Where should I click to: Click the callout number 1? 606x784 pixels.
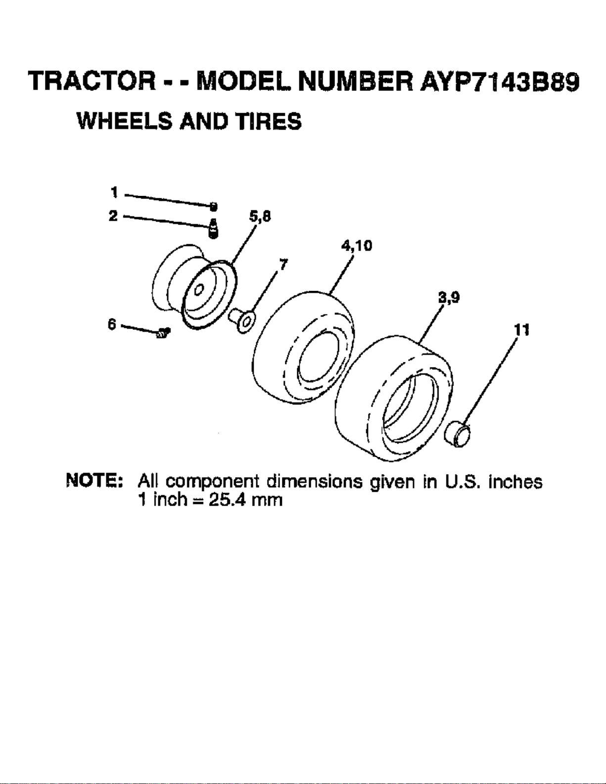click(114, 192)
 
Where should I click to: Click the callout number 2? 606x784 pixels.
click(113, 216)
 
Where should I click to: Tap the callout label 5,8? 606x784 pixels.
click(260, 217)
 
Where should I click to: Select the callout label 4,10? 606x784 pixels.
click(356, 246)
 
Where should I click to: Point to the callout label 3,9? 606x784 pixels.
click(449, 298)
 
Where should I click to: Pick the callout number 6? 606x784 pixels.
click(112, 324)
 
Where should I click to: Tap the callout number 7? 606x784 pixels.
click(284, 265)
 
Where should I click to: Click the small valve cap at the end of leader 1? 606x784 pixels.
click(214, 207)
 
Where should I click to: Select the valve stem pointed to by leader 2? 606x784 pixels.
click(214, 229)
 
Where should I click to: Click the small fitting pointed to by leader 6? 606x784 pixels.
click(163, 333)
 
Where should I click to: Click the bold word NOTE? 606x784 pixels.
click(95, 482)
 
